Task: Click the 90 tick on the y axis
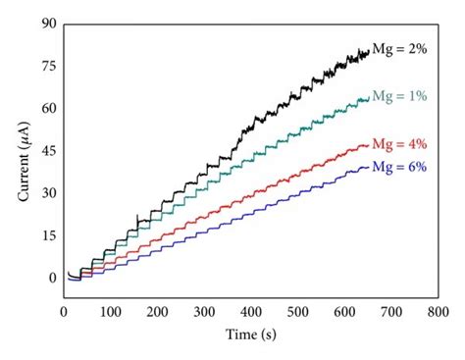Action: click(x=47, y=26)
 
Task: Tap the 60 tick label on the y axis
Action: click(x=47, y=110)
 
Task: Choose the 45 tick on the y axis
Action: click(x=47, y=152)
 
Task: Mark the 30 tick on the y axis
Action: click(x=47, y=194)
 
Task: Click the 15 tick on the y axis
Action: click(x=47, y=236)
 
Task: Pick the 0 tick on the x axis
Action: click(x=64, y=312)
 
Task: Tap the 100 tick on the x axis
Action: click(x=110, y=312)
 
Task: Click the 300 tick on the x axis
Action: click(x=203, y=312)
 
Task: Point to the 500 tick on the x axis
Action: click(x=297, y=312)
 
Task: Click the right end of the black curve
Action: click(x=369, y=51)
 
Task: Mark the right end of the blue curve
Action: click(x=369, y=167)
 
